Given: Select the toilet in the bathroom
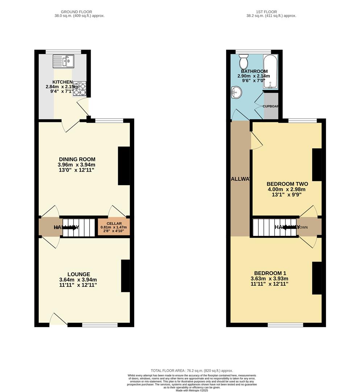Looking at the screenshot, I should tap(243, 62).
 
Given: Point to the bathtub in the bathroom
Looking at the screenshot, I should tap(270, 72).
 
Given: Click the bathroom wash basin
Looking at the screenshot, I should tap(235, 93).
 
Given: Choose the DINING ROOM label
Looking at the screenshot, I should tap(78, 159).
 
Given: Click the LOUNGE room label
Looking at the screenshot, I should tap(78, 274).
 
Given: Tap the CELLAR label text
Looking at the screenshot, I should tap(114, 224).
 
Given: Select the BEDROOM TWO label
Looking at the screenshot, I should tap(287, 184).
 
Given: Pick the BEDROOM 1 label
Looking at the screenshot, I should tap(270, 273).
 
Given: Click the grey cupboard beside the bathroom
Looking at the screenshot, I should tap(271, 106).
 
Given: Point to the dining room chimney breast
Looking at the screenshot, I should tap(124, 166).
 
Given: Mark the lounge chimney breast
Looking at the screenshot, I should tap(125, 275).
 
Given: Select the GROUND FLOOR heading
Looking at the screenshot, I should tap(76, 12).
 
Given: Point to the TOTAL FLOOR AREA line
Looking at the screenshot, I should tap(192, 371).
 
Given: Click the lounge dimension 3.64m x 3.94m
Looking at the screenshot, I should tap(78, 280).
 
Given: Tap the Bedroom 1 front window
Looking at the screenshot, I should tap(285, 325).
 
